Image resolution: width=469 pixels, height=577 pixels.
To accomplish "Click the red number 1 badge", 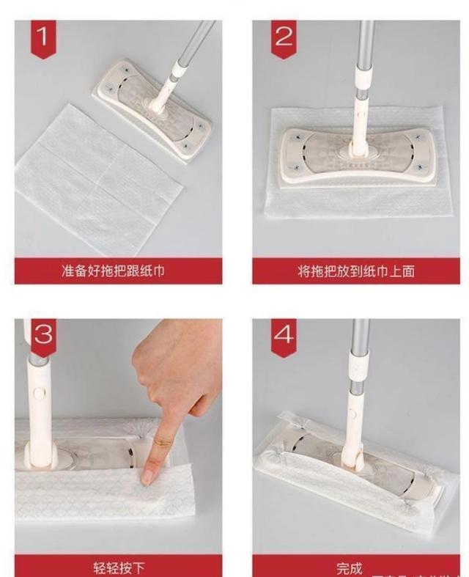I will tap(43, 37).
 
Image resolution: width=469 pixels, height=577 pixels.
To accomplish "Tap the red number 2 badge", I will tap(284, 37).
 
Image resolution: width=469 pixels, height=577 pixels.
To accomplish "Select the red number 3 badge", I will tap(43, 334).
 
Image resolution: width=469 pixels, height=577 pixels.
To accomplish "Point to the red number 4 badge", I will tap(284, 334).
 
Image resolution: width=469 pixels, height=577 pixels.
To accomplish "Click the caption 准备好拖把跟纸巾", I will tap(118, 271).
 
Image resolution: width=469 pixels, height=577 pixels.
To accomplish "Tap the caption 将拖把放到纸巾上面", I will tap(356, 271).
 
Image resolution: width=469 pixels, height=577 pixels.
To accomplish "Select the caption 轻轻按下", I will tap(118, 567).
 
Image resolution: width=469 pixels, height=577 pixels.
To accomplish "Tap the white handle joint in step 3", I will tap(38, 411).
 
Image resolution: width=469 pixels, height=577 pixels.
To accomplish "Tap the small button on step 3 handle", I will tap(37, 393).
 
